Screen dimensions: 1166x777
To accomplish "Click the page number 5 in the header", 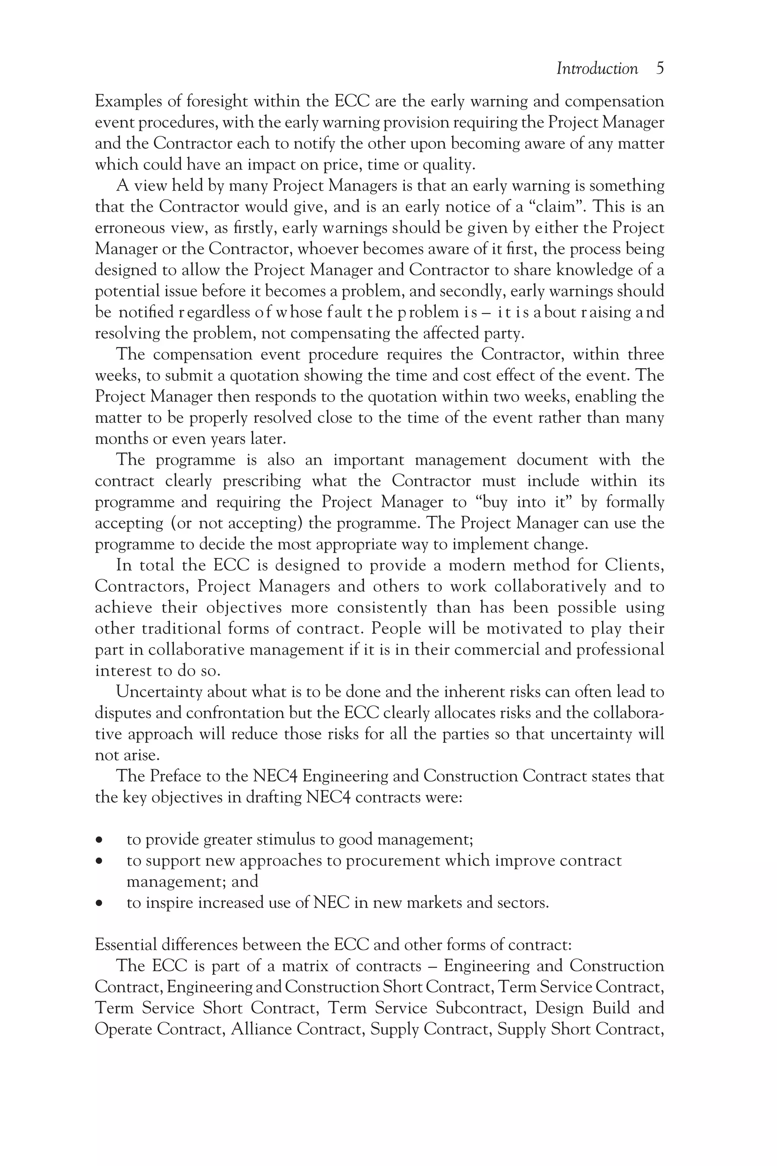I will (659, 68).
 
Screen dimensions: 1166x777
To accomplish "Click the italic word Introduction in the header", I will (597, 68).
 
